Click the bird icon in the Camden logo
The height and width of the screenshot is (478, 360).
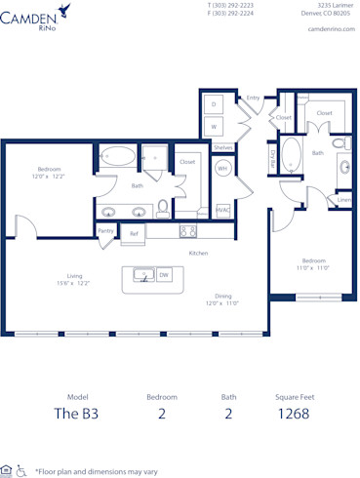click(65, 10)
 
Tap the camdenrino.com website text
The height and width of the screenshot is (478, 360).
click(329, 29)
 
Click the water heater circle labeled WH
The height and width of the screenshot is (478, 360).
click(222, 167)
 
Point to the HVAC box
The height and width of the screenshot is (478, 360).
click(222, 210)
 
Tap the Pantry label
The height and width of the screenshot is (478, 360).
click(106, 231)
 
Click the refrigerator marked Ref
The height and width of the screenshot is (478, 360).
click(134, 233)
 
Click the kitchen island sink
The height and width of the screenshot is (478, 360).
click(143, 276)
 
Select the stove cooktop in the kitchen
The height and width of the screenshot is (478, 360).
click(188, 231)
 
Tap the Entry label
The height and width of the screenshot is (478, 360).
click(253, 98)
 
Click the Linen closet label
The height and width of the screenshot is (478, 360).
click(343, 200)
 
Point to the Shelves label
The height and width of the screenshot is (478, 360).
click(222, 146)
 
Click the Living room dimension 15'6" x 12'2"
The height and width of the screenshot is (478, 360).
click(72, 283)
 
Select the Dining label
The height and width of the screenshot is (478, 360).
click(222, 297)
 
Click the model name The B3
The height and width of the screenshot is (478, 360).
click(76, 414)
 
